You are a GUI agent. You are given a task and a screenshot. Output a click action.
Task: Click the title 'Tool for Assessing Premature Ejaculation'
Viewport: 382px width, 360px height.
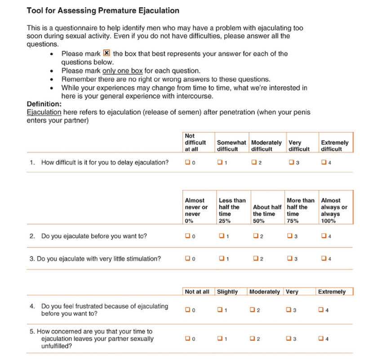pyautogui.click(x=103, y=10)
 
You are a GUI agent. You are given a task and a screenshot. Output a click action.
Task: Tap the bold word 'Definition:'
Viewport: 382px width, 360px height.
pyautogui.click(x=44, y=104)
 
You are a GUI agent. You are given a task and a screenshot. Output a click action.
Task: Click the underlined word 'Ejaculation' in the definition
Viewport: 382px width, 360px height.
pyautogui.click(x=44, y=112)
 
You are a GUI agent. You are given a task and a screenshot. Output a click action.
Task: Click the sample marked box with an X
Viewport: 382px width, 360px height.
pyautogui.click(x=107, y=53)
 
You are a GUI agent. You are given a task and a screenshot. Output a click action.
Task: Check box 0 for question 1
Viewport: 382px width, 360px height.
pyautogui.click(x=187, y=162)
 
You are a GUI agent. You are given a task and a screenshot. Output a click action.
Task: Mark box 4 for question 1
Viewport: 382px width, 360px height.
pyautogui.click(x=324, y=162)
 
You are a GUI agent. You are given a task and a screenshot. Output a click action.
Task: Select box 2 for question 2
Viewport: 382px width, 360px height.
pyautogui.click(x=255, y=236)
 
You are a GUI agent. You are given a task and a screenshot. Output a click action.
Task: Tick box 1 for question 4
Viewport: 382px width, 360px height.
pyautogui.click(x=220, y=310)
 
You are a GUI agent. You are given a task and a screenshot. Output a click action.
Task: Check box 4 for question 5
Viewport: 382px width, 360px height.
pyautogui.click(x=320, y=338)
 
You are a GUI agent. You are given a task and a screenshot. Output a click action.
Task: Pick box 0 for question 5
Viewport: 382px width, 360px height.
pyautogui.click(x=187, y=338)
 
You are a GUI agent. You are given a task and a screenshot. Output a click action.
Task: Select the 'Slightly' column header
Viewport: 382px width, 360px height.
pyautogui.click(x=227, y=292)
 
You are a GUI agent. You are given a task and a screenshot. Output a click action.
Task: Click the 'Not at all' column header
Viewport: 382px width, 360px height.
pyautogui.click(x=197, y=292)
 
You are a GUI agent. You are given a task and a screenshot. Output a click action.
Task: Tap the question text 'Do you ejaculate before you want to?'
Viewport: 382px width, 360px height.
pyautogui.click(x=94, y=236)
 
